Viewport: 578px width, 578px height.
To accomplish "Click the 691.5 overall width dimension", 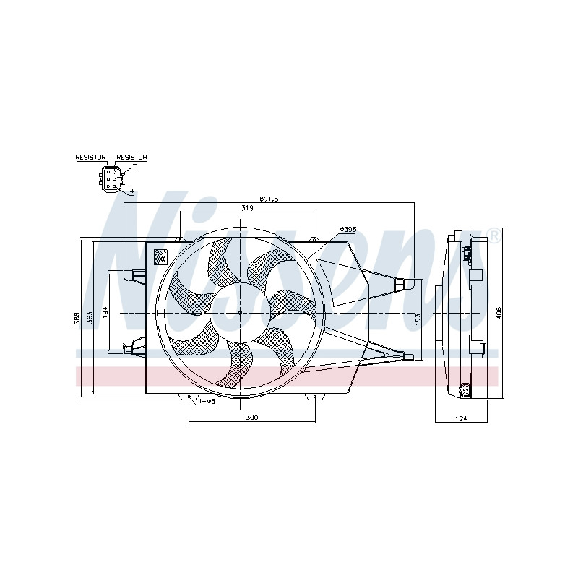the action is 269,199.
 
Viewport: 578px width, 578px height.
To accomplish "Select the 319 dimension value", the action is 247,208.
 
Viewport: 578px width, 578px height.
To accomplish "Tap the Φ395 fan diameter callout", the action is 348,229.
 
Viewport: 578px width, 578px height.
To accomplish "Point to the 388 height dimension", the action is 77,318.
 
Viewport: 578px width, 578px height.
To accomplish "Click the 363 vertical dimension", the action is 90,317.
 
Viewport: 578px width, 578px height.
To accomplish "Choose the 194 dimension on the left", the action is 104,312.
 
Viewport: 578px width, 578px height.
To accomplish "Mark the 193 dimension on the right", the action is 418,319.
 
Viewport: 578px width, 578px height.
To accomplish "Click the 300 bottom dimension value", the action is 251,418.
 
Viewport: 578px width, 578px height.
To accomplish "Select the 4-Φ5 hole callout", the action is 206,401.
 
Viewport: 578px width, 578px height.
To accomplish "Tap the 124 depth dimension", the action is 461,418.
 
